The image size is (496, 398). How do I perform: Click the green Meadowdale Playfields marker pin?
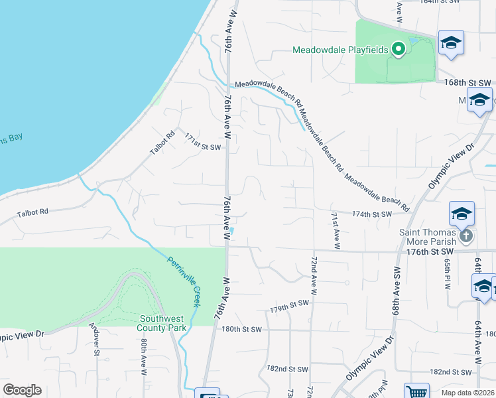pos(398,50)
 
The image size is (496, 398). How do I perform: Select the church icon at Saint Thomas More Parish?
pos(466,235)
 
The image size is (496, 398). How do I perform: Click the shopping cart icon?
pos(416,392)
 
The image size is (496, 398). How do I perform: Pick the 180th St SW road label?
pos(242,329)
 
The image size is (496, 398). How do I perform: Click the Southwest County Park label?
pos(162,322)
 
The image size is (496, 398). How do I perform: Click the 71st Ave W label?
pos(336,231)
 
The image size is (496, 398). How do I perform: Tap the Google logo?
pos(22,390)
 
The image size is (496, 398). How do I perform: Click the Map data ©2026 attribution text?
pos(467,393)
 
